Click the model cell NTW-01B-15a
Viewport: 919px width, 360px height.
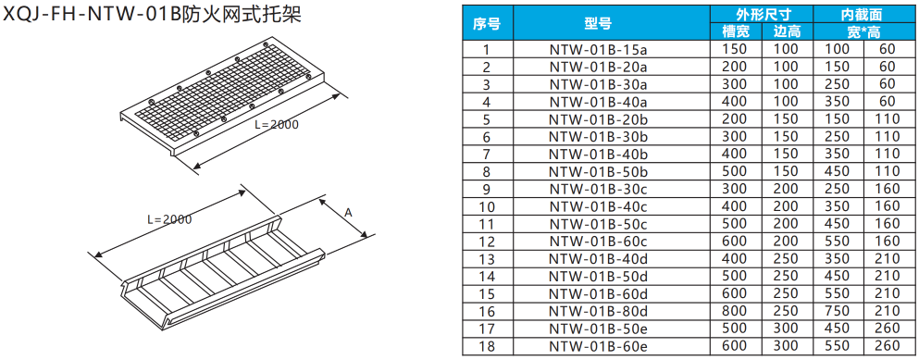point(598,49)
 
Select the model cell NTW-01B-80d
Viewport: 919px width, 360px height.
point(598,311)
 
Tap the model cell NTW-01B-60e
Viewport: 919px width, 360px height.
point(598,346)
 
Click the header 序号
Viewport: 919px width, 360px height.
point(487,23)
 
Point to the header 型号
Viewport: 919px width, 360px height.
point(598,23)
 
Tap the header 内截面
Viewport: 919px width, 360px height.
point(863,15)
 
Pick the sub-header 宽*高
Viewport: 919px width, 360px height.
point(863,31)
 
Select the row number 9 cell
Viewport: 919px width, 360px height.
point(487,190)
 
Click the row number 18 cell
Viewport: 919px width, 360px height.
point(487,346)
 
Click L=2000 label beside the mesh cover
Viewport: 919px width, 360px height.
point(277,124)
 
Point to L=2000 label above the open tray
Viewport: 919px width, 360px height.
point(169,219)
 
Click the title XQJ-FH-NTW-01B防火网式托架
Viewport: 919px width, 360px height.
point(153,14)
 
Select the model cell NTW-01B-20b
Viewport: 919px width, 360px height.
point(598,119)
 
